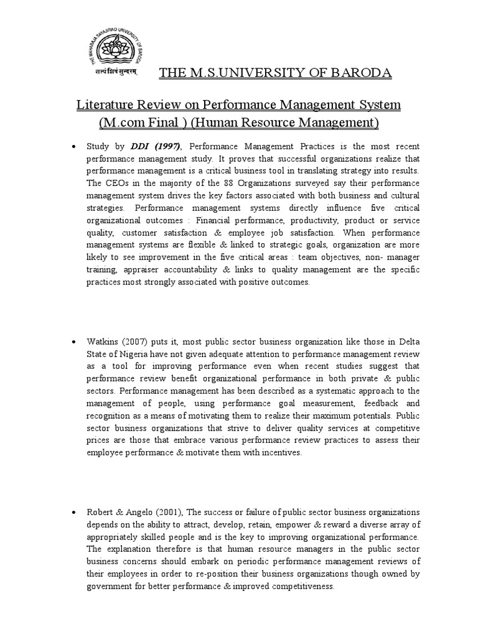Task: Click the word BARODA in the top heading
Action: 365,74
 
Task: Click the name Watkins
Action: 102,342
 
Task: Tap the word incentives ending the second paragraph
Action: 278,453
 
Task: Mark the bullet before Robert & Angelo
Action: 74,513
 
